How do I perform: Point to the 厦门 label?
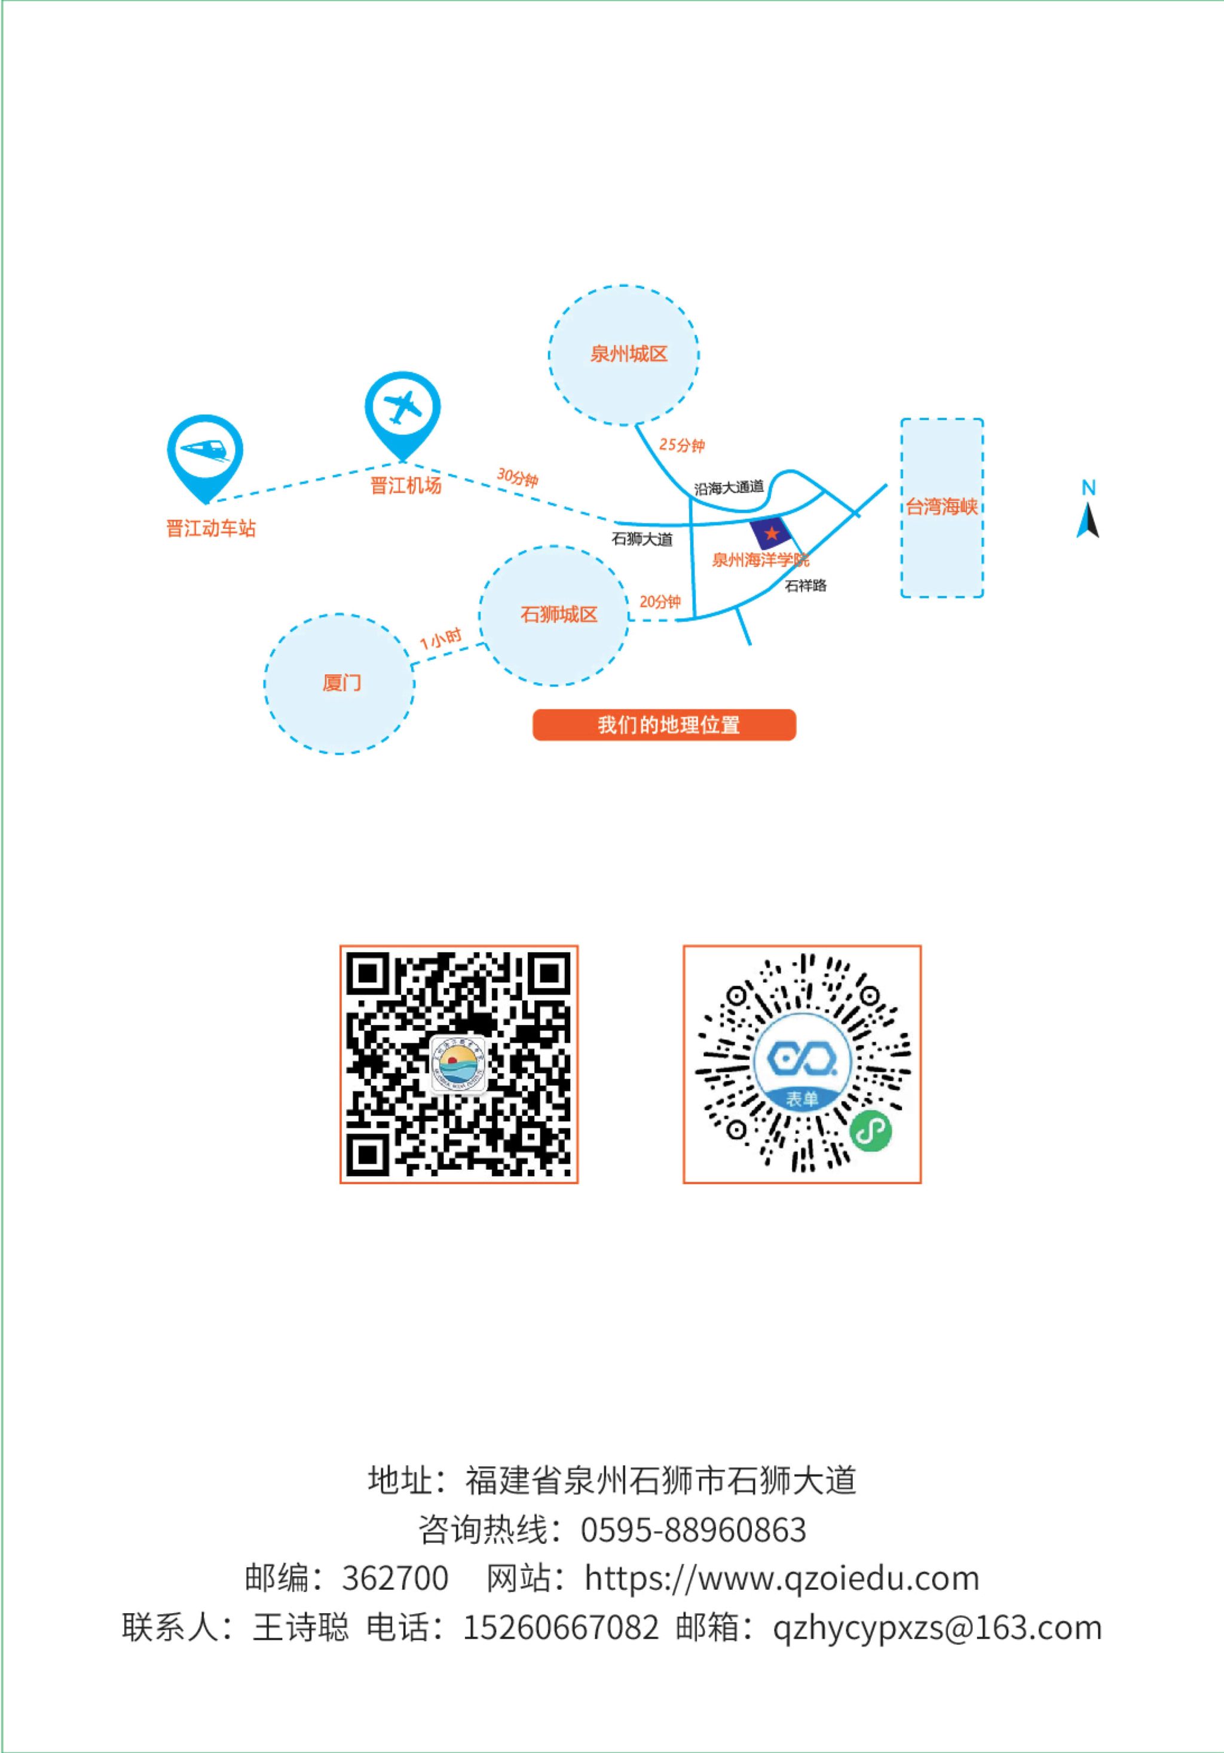coord(341,683)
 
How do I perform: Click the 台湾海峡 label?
coord(941,506)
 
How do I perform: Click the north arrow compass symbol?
coord(1088,509)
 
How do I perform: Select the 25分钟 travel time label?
coord(682,444)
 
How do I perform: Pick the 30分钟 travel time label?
coord(518,477)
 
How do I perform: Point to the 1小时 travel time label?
coord(440,638)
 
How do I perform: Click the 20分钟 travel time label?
coord(660,602)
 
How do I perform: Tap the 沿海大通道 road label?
coord(729,487)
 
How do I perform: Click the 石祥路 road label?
coord(806,586)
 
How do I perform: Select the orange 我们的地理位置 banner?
coord(665,724)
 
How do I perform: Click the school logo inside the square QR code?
coord(459,1064)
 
